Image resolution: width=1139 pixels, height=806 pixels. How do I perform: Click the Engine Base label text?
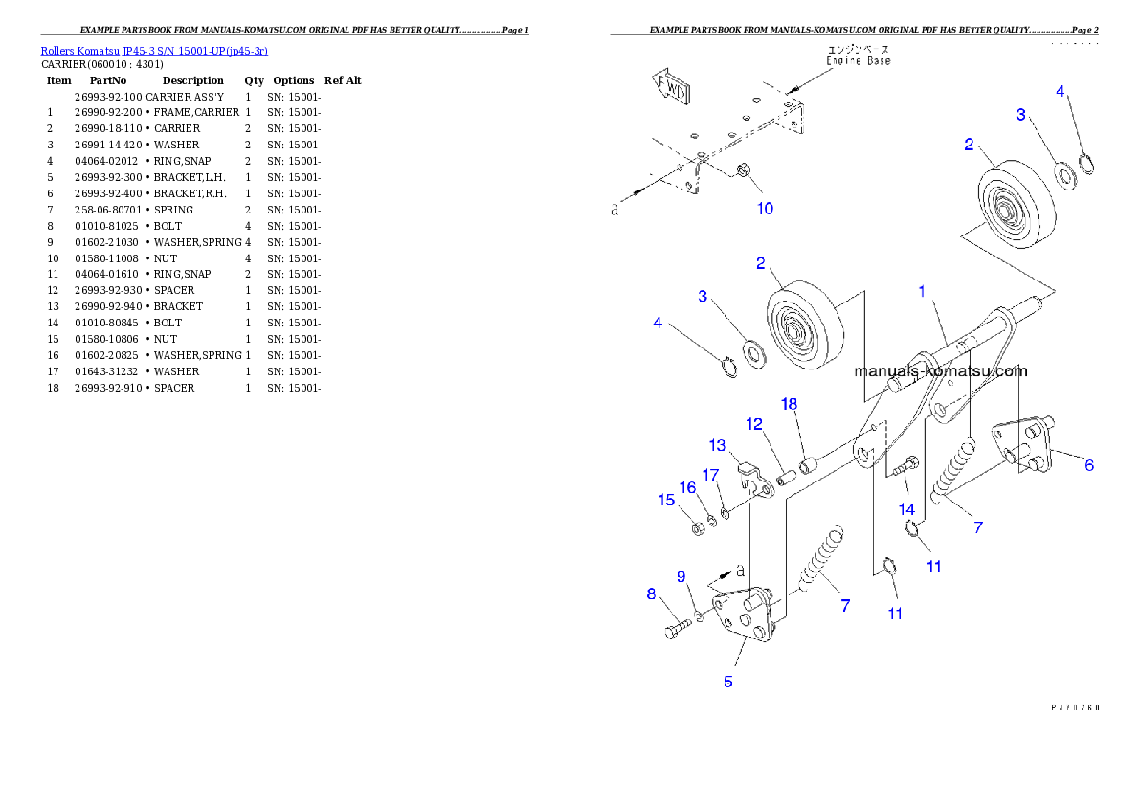click(859, 55)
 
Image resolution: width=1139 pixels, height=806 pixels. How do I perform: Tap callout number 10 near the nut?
click(766, 209)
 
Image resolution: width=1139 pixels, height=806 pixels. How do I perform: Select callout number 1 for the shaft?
click(922, 291)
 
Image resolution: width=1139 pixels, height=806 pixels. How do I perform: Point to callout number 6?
click(1089, 465)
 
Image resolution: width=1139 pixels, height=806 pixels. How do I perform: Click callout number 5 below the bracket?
click(728, 682)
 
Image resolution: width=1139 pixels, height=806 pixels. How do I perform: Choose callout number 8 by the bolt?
click(652, 594)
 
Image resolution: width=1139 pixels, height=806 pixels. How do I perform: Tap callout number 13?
click(718, 445)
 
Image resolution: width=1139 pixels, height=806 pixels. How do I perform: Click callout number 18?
click(789, 404)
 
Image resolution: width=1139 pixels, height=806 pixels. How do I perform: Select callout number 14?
click(905, 508)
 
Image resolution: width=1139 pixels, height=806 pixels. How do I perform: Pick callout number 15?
click(666, 499)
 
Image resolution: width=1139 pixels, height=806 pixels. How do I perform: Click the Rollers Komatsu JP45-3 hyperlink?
click(154, 50)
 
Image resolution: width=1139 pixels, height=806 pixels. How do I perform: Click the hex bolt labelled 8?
click(676, 630)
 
